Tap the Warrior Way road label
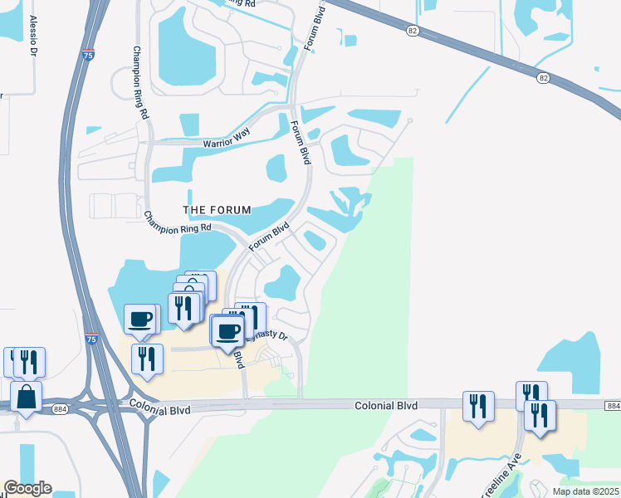point(227,142)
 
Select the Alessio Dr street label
point(34,36)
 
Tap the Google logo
point(27,488)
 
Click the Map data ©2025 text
point(585,491)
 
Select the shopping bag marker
point(27,398)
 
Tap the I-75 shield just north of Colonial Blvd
point(90,339)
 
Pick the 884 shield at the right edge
point(613,405)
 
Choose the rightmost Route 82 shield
point(543,77)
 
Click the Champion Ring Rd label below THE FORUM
point(178,222)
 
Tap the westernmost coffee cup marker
point(139,319)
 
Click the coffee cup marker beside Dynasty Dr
point(227,331)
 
